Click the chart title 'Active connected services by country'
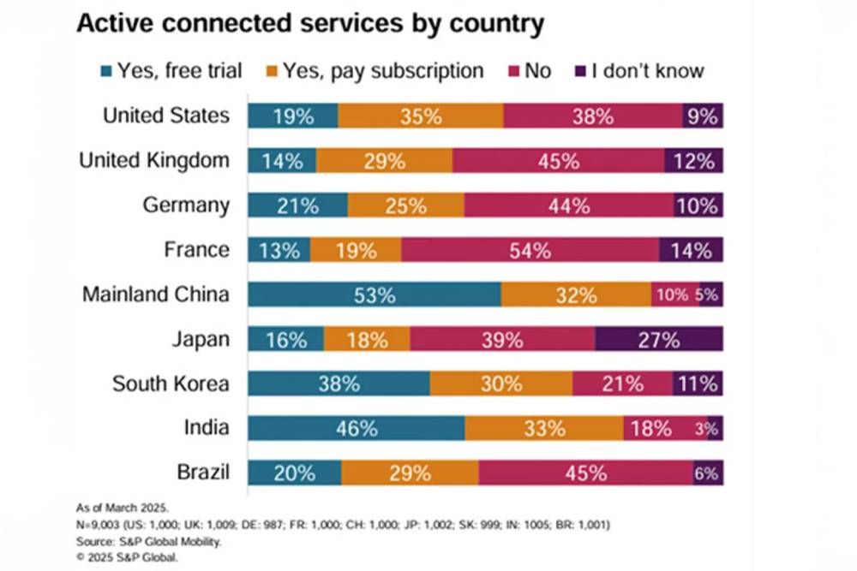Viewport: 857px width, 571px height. click(x=310, y=24)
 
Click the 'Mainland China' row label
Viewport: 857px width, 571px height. click(x=156, y=294)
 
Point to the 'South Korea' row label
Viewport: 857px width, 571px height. click(x=171, y=384)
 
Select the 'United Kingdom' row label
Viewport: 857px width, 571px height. click(x=154, y=160)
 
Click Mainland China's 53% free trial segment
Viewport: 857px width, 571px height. click(x=375, y=294)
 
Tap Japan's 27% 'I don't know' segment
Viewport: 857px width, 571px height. click(x=658, y=339)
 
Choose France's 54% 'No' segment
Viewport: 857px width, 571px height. click(x=530, y=250)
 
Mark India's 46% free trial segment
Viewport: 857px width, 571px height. click(x=357, y=428)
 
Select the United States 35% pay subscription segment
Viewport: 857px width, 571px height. click(x=421, y=116)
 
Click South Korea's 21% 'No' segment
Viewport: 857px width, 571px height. click(x=622, y=384)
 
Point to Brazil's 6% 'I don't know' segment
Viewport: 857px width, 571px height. click(x=708, y=473)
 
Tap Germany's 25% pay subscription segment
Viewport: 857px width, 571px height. click(x=405, y=205)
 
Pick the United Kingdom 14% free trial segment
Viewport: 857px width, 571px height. click(x=282, y=160)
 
